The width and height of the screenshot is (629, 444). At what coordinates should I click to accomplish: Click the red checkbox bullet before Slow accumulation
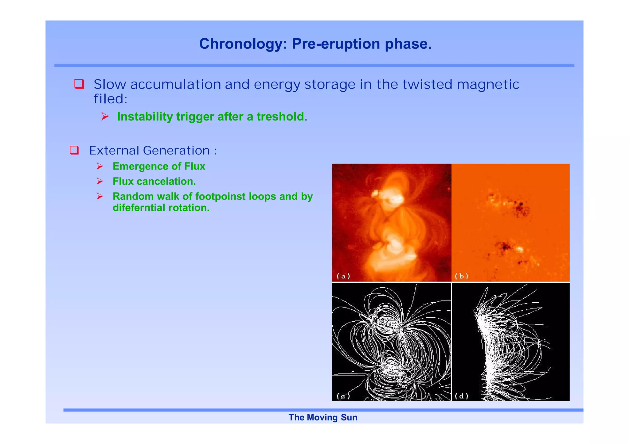[x=79, y=84]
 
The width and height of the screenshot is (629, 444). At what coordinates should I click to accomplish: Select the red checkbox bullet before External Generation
[x=74, y=150]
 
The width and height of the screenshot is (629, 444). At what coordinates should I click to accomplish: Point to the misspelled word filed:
[x=110, y=99]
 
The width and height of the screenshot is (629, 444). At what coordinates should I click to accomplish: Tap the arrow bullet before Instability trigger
[x=105, y=117]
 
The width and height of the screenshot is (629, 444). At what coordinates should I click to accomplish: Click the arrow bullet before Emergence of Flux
[x=100, y=166]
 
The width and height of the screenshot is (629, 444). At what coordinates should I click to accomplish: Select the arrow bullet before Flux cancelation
[x=100, y=181]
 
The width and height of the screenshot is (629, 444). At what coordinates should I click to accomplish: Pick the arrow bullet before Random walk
[x=100, y=196]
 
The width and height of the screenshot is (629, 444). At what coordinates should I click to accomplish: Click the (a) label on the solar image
[x=343, y=276]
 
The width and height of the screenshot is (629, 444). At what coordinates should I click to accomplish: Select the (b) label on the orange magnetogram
[x=461, y=276]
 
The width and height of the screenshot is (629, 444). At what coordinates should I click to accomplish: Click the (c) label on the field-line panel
[x=343, y=396]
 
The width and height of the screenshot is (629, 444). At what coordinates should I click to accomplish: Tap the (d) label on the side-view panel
[x=461, y=396]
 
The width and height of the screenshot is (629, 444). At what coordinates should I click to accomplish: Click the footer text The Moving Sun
[x=323, y=417]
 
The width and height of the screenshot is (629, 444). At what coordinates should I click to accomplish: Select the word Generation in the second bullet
[x=176, y=150]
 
